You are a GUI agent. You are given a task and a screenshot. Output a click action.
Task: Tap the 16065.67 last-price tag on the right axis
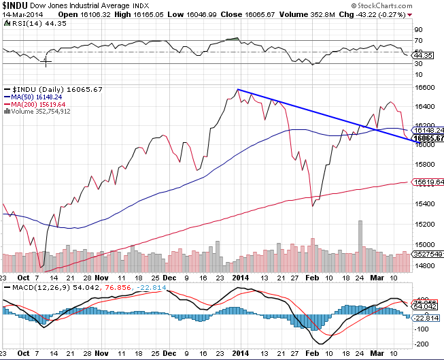point(429,138)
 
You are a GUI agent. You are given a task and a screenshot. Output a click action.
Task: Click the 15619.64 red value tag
point(429,182)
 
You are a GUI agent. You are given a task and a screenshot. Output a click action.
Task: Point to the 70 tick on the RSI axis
point(418,30)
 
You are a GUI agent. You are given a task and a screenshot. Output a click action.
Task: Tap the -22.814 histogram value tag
point(428,317)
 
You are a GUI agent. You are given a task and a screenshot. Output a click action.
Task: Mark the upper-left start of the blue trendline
point(237,89)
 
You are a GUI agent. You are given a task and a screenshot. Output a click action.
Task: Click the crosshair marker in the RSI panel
point(46,62)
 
